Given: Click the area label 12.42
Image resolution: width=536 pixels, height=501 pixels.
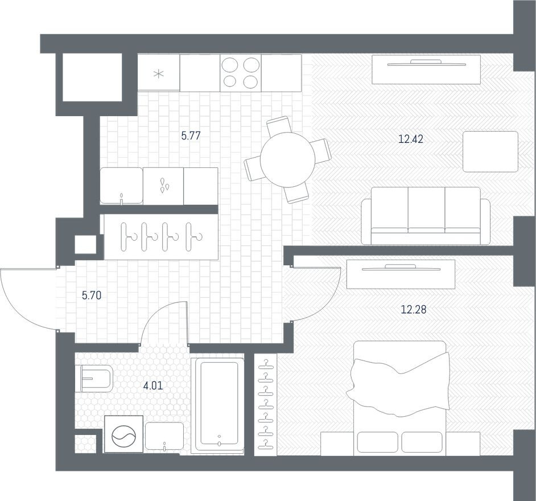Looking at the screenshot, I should (x=411, y=138).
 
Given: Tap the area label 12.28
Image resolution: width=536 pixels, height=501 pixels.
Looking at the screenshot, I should (x=414, y=310).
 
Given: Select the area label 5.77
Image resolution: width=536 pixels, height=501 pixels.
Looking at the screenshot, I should (x=191, y=135).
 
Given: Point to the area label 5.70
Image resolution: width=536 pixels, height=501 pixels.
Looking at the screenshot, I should (x=92, y=295).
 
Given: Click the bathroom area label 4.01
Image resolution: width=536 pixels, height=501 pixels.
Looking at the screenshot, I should (x=152, y=385).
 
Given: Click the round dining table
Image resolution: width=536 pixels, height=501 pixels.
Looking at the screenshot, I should (x=287, y=159).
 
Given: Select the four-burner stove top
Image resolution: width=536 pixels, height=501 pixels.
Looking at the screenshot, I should (x=240, y=72).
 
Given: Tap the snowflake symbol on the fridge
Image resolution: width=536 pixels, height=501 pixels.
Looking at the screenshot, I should (x=159, y=73).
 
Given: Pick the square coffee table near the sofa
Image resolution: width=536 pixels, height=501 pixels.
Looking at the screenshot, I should (x=490, y=151).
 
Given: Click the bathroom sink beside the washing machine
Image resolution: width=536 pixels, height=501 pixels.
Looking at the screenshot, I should (x=164, y=437).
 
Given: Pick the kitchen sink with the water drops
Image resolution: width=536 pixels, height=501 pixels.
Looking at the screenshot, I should (x=163, y=186).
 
